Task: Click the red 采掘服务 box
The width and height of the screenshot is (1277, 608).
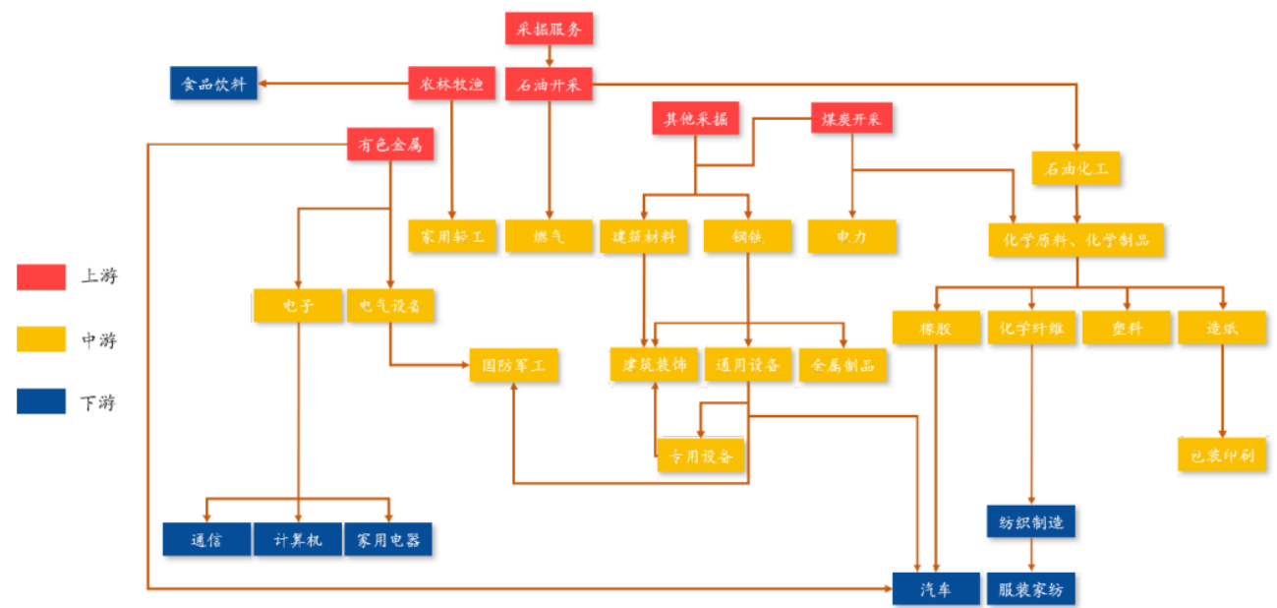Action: tap(549, 29)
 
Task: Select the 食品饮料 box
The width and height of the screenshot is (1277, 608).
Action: tap(213, 84)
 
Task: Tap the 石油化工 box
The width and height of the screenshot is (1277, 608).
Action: tap(1075, 168)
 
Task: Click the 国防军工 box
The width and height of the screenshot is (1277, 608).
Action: tap(513, 365)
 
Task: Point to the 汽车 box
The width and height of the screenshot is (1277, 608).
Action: tap(936, 587)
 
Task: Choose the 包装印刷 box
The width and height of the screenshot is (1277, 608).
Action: tap(1222, 455)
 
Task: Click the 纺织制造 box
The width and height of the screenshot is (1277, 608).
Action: tap(1030, 521)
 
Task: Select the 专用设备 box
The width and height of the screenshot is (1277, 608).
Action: tap(701, 456)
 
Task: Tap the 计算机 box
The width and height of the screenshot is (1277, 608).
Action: tap(298, 539)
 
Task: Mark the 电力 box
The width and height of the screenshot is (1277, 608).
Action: tap(851, 236)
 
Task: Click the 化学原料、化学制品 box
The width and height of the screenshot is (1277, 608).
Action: tap(1075, 237)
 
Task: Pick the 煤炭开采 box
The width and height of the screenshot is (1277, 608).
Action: tap(851, 119)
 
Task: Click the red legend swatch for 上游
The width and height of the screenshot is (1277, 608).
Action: tap(41, 276)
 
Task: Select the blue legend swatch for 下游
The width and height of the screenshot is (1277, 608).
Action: tap(41, 400)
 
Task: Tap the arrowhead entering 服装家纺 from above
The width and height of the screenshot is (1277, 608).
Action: tap(1030, 568)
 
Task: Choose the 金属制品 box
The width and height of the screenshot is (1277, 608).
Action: tap(842, 365)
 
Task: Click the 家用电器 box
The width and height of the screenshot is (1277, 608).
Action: tap(388, 539)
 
